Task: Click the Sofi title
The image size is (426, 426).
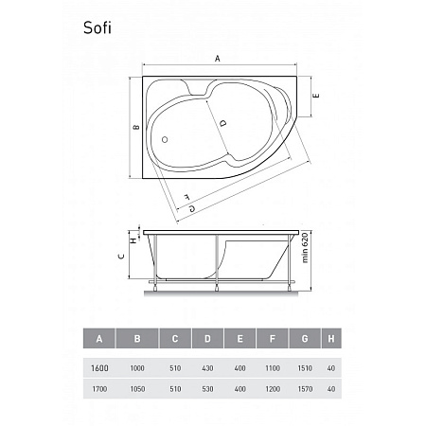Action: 98,27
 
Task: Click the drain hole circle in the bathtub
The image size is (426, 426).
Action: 165,139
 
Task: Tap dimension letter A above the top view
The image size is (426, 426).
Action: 218,59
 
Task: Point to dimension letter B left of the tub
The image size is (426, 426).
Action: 136,127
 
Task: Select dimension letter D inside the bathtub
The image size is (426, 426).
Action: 222,123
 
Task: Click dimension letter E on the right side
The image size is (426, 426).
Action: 317,96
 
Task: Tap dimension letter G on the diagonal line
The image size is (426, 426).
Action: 192,208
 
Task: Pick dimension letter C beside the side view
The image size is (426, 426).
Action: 121,256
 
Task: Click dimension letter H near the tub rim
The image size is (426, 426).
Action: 133,240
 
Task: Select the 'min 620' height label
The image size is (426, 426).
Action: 305,248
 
